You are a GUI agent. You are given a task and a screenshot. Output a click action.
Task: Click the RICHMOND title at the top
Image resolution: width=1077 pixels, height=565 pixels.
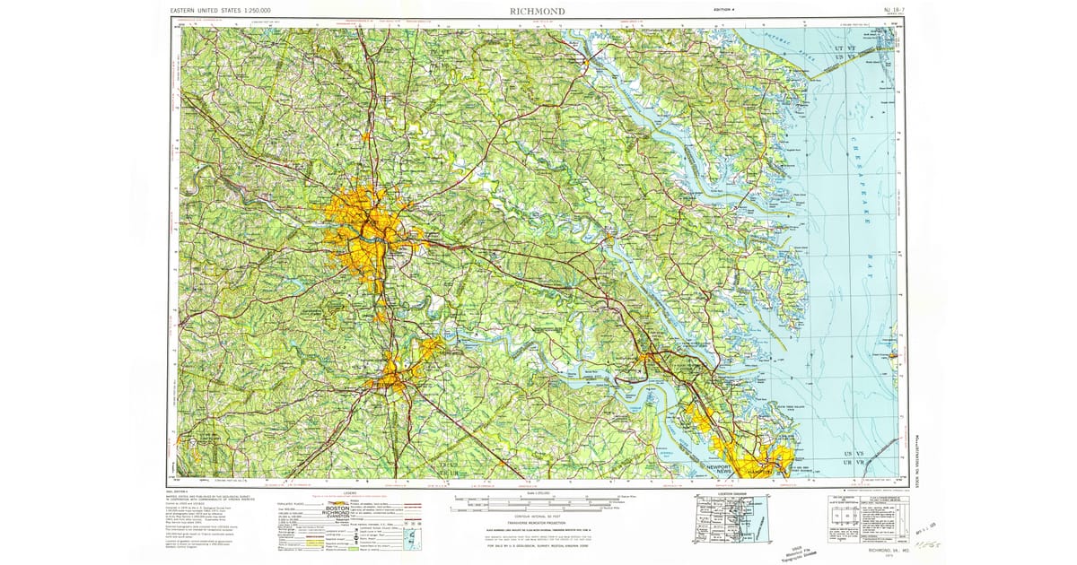click(538, 10)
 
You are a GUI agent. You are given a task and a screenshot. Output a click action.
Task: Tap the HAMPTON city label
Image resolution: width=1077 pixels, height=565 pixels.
click(765, 469)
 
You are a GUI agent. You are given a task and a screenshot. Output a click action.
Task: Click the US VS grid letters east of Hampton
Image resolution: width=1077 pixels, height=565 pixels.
click(854, 457)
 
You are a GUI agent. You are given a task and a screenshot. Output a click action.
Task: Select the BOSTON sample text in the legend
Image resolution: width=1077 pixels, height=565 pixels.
click(337, 508)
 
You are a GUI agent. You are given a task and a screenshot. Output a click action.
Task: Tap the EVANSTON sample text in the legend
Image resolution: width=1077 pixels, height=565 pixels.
click(338, 525)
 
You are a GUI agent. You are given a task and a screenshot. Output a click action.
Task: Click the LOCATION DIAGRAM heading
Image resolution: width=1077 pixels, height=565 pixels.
click(723, 494)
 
